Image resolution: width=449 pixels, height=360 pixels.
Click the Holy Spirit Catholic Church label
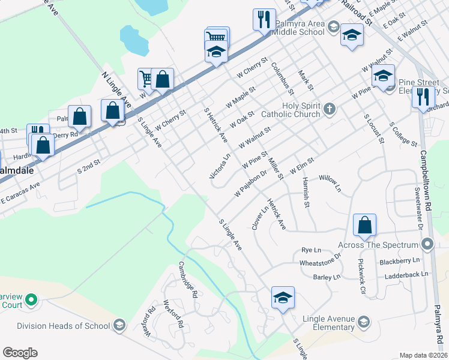290,109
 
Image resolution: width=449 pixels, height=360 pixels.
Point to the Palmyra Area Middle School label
300,28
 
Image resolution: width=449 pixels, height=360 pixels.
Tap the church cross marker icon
329,109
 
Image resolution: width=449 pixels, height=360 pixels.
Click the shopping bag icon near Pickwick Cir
364,226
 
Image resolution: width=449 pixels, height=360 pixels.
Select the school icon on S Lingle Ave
283,298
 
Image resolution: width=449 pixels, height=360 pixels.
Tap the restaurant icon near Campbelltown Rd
424,96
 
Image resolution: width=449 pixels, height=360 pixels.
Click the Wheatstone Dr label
321,262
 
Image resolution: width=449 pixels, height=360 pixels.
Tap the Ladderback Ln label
408,274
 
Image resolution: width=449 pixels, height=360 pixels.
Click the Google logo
20,353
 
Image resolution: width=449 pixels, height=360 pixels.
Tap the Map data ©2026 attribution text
424,355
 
